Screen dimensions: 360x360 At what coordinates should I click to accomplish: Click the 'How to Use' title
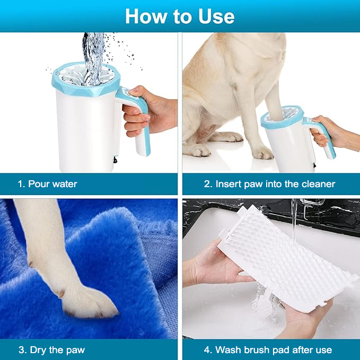(180, 16)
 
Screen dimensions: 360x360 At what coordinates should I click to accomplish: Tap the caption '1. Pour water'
(47, 185)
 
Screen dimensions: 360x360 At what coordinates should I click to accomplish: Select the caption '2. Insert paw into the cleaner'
(269, 185)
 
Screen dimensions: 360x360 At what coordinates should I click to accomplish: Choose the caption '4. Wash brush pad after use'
(268, 350)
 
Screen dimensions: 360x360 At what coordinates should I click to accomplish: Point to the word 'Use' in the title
(214, 16)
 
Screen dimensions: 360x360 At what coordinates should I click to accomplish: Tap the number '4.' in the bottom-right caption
(208, 350)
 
